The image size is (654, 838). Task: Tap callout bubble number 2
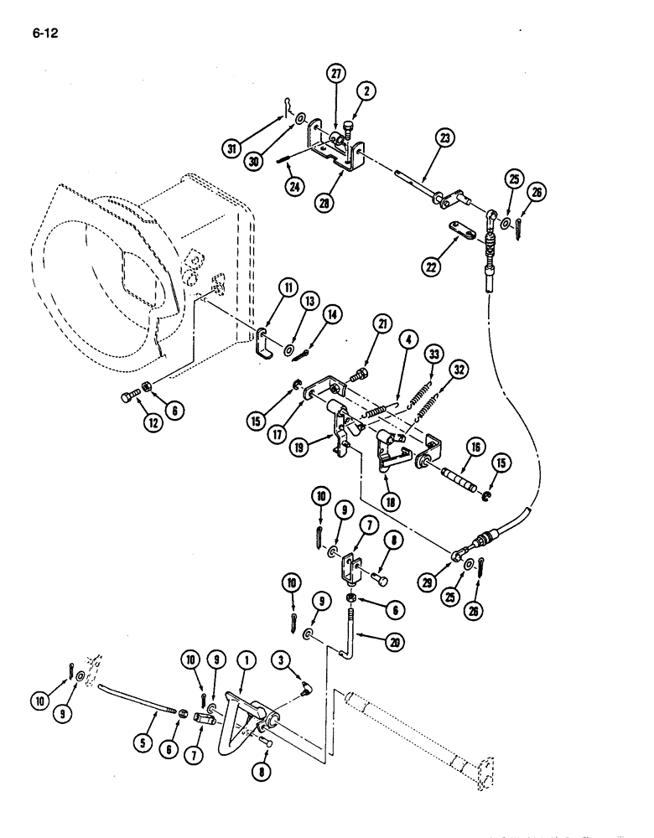tap(366, 91)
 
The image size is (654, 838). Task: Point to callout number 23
tap(442, 138)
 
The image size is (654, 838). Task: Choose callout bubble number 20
tap(392, 643)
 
